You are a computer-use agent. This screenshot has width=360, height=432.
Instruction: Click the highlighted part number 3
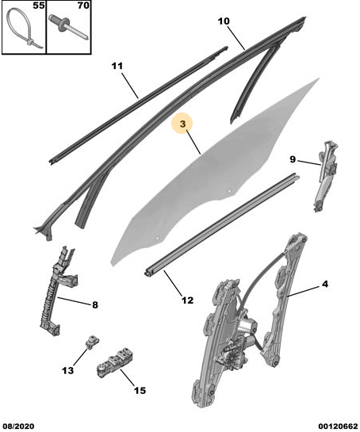pyautogui.click(x=183, y=124)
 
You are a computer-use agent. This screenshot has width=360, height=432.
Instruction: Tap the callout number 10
pyautogui.click(x=224, y=21)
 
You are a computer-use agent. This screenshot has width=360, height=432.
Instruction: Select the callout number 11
pyautogui.click(x=117, y=66)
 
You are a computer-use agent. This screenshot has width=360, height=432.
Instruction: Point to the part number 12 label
pyautogui.click(x=188, y=300)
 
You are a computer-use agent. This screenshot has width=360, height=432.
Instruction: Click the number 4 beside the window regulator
pyautogui.click(x=325, y=284)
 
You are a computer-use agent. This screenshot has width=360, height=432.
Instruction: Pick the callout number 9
pyautogui.click(x=293, y=159)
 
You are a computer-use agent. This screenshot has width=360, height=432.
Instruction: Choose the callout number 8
pyautogui.click(x=95, y=304)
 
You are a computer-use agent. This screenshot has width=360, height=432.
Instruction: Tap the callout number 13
pyautogui.click(x=68, y=370)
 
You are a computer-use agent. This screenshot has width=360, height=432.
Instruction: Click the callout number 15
pyautogui.click(x=140, y=391)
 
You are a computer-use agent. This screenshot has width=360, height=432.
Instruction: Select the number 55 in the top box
pyautogui.click(x=38, y=6)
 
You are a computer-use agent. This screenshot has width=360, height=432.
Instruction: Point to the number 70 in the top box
pyautogui.click(x=83, y=6)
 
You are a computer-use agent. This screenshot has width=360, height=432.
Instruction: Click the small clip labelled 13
pyautogui.click(x=92, y=342)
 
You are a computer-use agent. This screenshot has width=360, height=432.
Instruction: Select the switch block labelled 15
pyautogui.click(x=115, y=362)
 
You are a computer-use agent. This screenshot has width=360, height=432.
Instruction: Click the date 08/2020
pyautogui.click(x=17, y=426)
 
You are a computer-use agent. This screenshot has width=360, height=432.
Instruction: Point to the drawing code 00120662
pyautogui.click(x=338, y=426)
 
